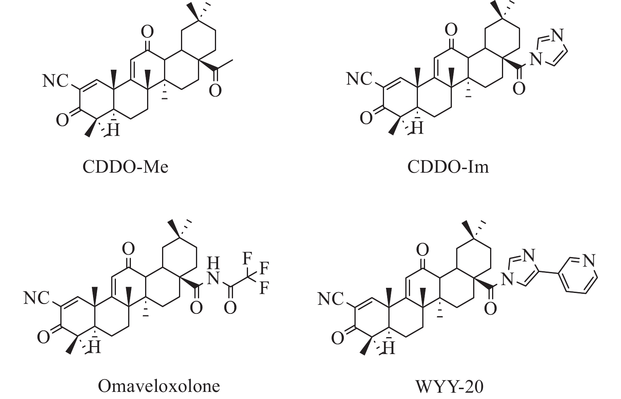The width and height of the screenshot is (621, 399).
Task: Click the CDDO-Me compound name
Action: [125, 167]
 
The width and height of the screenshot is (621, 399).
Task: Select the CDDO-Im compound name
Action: [448, 167]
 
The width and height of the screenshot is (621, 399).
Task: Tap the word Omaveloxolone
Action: [159, 386]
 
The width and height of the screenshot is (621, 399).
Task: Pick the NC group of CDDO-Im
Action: [359, 78]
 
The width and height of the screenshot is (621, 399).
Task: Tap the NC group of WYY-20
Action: [331, 299]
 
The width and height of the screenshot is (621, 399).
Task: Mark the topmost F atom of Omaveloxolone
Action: [247, 259]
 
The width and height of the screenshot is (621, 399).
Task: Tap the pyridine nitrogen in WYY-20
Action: [589, 260]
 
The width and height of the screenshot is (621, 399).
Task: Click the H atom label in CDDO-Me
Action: [113, 130]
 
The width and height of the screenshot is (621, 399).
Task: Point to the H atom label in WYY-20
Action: [389, 348]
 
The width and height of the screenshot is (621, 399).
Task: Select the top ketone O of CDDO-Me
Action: [147, 32]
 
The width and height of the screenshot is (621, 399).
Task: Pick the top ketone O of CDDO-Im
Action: [451, 30]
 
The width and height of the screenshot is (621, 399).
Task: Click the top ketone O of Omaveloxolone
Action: [129, 249]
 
